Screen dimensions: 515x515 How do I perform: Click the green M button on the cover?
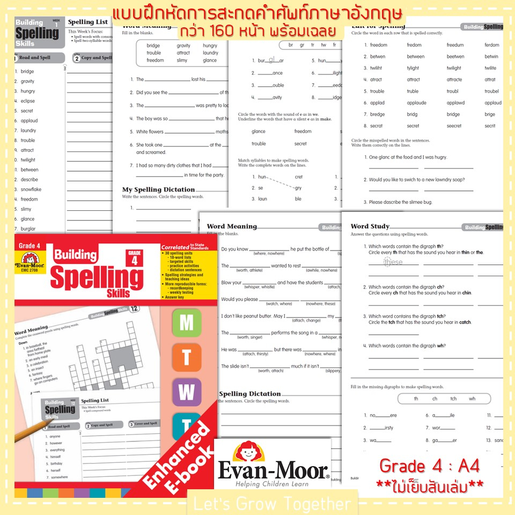pos(186,323)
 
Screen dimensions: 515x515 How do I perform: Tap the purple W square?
pos(186,392)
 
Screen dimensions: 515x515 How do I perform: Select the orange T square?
pos(186,357)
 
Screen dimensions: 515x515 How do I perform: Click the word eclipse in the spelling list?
pos(28,101)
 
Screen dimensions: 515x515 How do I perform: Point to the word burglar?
pos(28,229)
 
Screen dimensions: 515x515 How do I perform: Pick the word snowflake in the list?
pos(31,189)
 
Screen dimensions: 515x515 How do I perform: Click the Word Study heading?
pos(370,226)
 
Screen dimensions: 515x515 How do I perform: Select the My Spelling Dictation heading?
pos(158,189)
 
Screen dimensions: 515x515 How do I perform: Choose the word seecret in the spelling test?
pos(454,126)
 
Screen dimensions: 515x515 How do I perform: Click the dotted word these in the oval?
pos(393,262)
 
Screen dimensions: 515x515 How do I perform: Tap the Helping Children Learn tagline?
pos(273,484)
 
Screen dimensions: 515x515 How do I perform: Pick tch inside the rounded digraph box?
pos(453,399)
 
